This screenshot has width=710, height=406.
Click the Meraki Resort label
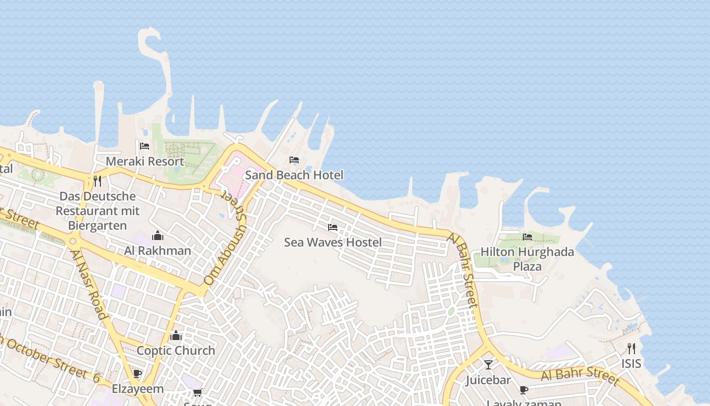coord(145,161)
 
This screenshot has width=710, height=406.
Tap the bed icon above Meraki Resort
coord(145,147)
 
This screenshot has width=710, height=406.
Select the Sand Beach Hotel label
coord(294,175)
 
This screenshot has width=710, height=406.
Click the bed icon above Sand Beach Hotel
coord(294,160)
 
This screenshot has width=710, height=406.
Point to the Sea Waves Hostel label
coord(333,242)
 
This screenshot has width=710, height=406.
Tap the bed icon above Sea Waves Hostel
coord(333,227)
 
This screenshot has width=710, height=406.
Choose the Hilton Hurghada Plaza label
coord(527,259)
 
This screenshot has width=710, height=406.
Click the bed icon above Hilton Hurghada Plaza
coord(527,237)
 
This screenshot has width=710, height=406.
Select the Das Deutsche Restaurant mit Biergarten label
coord(98,211)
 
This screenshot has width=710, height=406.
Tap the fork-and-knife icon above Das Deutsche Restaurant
coord(97,181)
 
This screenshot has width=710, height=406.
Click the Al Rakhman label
coord(158,251)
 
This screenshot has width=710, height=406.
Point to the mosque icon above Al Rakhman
coord(158,236)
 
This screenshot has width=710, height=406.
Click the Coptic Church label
coord(176,351)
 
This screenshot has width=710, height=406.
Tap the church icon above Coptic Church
coord(176,336)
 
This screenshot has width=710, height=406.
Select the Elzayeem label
coord(137,389)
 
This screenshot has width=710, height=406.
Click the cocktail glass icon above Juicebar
coord(488,365)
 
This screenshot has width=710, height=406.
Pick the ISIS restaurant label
coord(631,363)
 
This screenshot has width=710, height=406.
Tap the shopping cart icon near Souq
coord(197,392)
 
